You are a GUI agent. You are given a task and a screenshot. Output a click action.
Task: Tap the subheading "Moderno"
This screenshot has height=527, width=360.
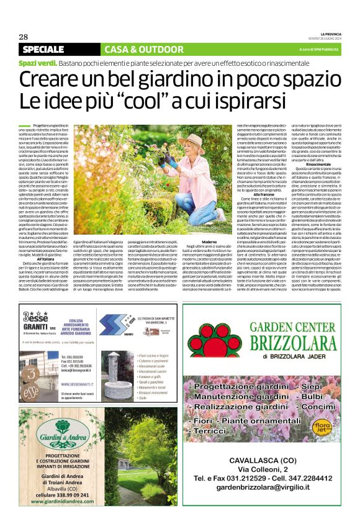209,241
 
